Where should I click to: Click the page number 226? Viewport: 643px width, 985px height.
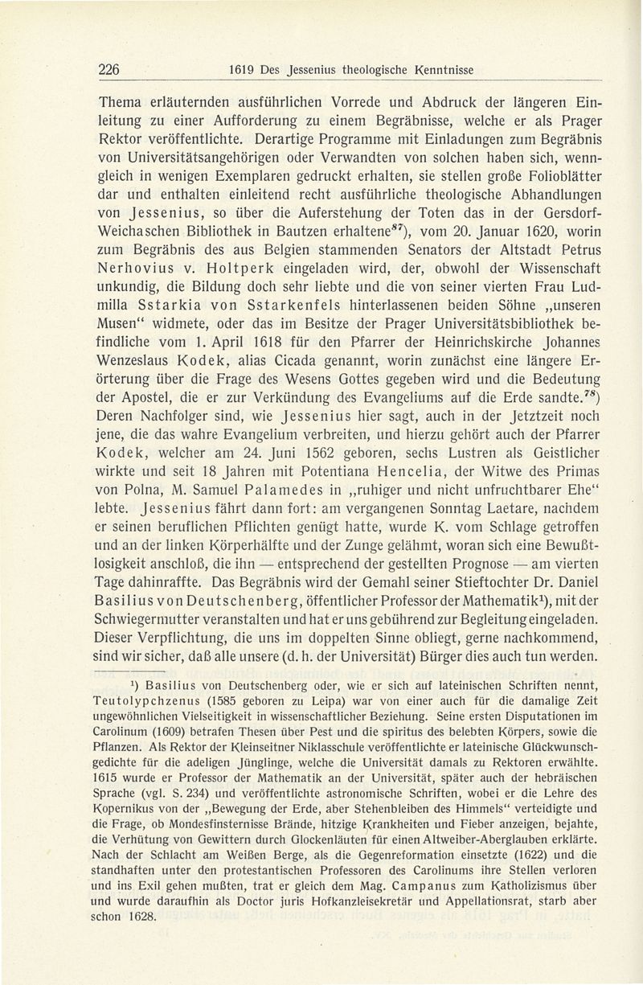[109, 70]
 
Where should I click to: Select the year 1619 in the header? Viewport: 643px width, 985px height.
[242, 70]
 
